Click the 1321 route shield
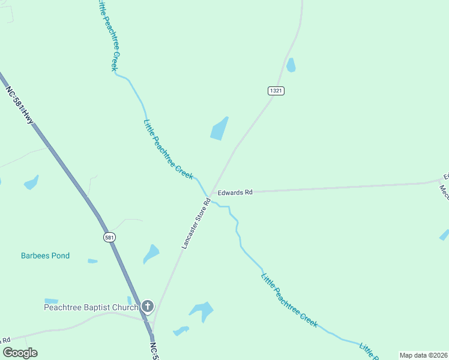[276, 91]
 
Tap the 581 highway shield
[109, 237]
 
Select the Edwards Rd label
[235, 193]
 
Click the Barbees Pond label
[45, 256]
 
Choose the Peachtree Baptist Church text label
[91, 307]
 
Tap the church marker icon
[148, 307]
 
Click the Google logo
[20, 353]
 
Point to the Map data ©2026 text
[423, 355]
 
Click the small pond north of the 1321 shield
[291, 65]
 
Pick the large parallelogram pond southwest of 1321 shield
[219, 128]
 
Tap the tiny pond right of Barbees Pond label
[92, 261]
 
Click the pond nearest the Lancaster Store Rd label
[151, 254]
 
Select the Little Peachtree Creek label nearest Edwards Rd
[168, 149]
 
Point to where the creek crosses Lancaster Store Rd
[208, 196]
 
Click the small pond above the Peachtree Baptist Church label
[52, 301]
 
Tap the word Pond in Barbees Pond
[60, 256]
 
